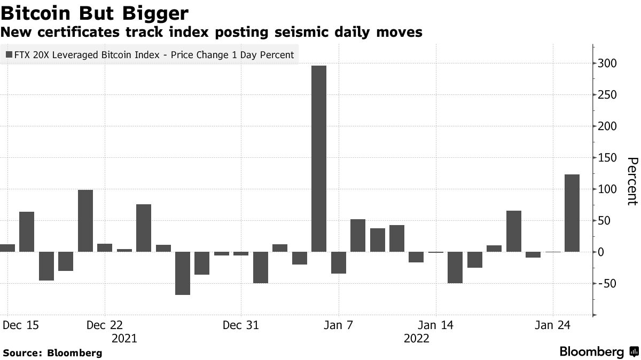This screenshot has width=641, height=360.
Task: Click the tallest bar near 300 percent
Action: (x=318, y=158)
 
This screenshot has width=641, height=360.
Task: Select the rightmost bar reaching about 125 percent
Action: (x=572, y=213)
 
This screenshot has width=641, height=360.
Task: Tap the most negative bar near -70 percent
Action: (x=183, y=273)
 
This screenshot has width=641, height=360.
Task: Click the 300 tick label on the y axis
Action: (x=607, y=63)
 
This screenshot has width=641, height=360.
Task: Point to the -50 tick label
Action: (x=607, y=283)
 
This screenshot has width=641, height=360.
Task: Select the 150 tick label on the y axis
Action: (x=607, y=158)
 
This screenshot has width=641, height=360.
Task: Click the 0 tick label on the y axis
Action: (x=602, y=252)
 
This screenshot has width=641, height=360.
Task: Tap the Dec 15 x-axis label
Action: (x=21, y=325)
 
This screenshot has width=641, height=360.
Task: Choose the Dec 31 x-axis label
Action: (x=241, y=325)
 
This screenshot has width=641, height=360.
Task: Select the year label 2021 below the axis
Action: (x=124, y=339)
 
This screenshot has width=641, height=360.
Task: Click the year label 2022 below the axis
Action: (x=417, y=339)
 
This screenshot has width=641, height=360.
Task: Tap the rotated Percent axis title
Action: (x=632, y=181)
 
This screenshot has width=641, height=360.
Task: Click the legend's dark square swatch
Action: (x=9, y=55)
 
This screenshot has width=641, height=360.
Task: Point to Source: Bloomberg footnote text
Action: (x=52, y=353)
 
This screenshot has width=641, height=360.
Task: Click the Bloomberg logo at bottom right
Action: (x=598, y=352)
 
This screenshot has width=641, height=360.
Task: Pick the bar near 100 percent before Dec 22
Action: (x=85, y=221)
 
